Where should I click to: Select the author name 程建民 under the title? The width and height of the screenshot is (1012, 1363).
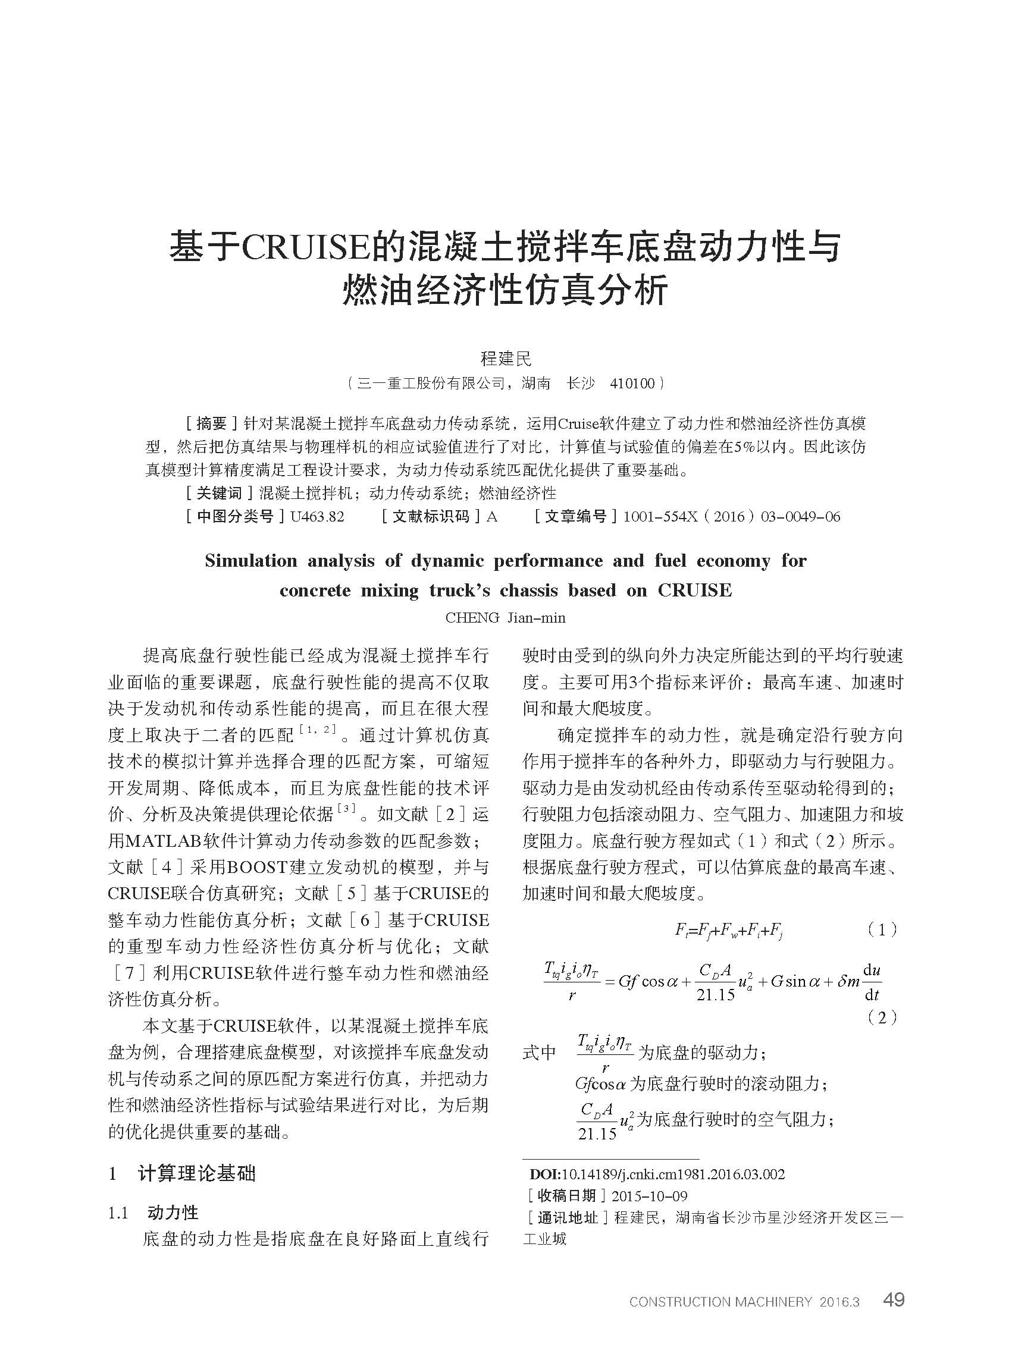[x=506, y=358]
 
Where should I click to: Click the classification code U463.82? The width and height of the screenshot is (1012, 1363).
[x=317, y=517]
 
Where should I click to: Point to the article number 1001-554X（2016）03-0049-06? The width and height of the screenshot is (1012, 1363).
[x=731, y=517]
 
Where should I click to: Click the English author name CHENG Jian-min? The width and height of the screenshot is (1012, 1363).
[x=505, y=618]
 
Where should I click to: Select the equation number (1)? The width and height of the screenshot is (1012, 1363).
[x=882, y=930]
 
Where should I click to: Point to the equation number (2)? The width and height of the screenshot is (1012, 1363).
[x=882, y=1017]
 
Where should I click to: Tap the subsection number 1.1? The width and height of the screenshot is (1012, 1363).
[x=118, y=1214]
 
